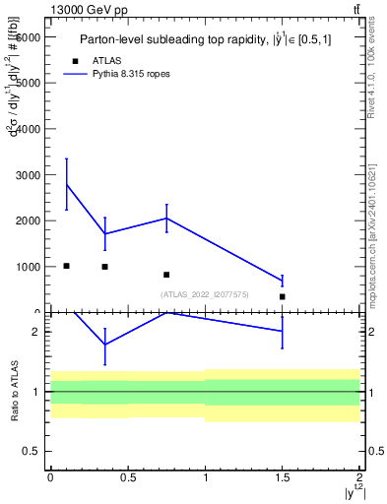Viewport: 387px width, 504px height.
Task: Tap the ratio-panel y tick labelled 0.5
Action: [x=32, y=451]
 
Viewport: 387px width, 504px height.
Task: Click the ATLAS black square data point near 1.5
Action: [x=282, y=296]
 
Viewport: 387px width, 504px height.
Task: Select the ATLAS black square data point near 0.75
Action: [x=166, y=275]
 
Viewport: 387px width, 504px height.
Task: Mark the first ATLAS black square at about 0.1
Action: [x=66, y=266]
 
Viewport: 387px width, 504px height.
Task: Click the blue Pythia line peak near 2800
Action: [x=66, y=184]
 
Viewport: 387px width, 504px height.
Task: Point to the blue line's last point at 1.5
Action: [x=282, y=282]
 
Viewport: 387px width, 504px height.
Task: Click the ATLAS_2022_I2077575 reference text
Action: [x=204, y=293]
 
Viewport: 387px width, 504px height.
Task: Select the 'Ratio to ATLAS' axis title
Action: [x=15, y=391]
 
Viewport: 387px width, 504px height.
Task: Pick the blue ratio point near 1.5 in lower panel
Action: [x=282, y=331]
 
